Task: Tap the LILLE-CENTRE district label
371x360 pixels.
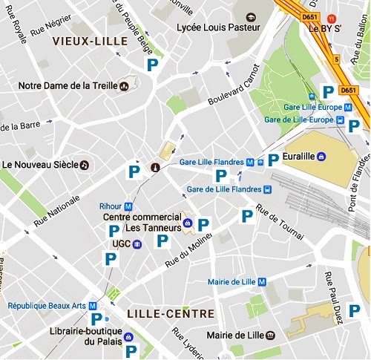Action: tap(171, 314)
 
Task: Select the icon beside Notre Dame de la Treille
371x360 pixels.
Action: tap(125, 86)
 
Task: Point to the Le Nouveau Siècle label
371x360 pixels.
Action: tap(40, 164)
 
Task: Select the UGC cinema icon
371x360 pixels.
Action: tap(137, 244)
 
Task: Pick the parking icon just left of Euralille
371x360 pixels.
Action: tap(273, 159)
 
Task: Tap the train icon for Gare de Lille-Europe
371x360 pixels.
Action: tap(340, 120)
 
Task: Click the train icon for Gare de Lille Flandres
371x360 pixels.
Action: tap(268, 189)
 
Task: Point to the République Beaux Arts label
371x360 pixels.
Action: tap(47, 306)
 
